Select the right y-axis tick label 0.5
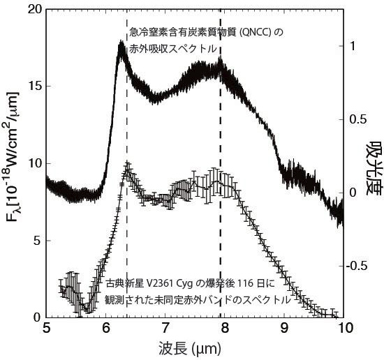tap(358, 119)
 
